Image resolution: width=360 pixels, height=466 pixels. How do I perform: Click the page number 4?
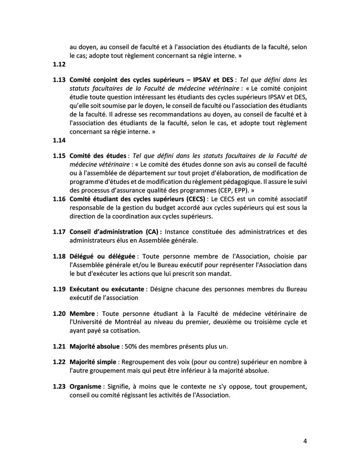pos(305,441)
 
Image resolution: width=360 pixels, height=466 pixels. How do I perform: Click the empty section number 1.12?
pos(59,65)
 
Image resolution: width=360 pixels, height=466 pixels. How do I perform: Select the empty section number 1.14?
pos(59,141)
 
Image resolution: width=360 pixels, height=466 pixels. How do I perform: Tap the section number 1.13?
pos(59,79)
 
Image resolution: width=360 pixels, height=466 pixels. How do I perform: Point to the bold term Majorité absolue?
pos(94,346)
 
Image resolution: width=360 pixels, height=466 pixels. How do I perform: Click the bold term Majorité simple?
pos(92,362)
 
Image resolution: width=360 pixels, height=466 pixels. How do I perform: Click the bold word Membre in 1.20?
pos(82,314)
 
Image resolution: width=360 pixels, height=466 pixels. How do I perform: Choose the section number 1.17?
pos(59,232)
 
